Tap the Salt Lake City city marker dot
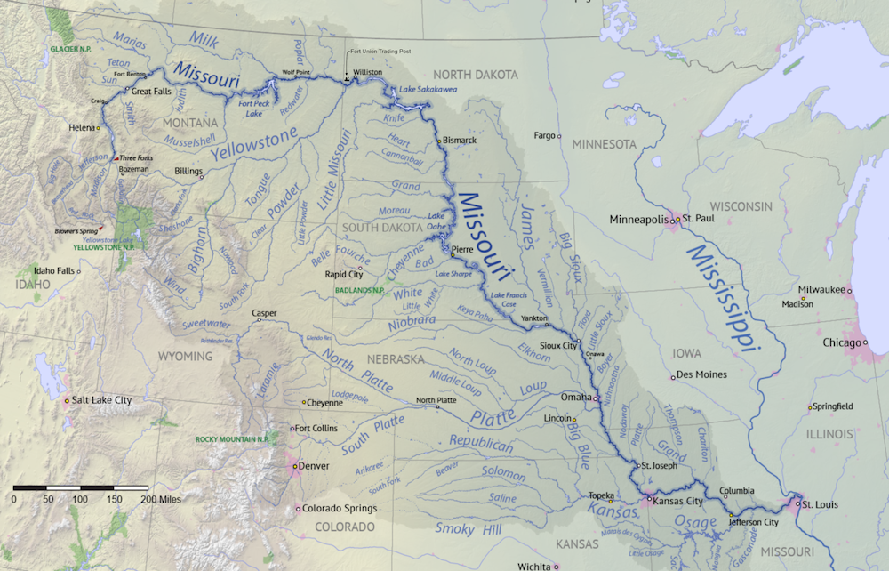point(67,401)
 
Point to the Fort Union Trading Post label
point(381,52)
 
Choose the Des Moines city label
point(701,374)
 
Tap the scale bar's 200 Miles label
point(160,500)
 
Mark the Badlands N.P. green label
point(359,290)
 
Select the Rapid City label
point(343,275)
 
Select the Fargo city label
point(544,136)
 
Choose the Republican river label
point(481,444)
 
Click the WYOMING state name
point(186,356)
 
